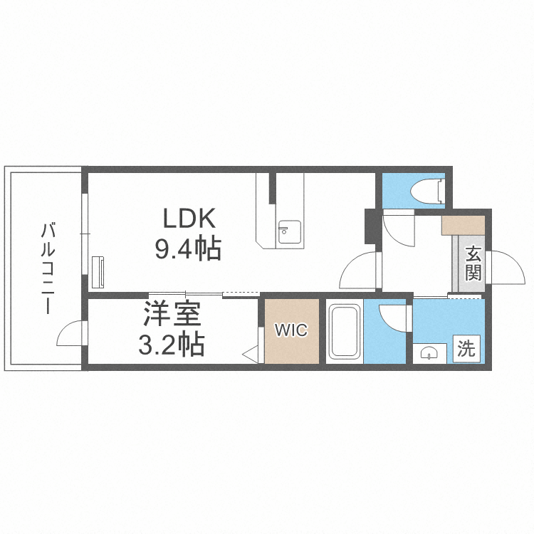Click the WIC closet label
(291, 330)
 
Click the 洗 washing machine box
(466, 349)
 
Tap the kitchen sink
(288, 231)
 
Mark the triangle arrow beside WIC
(251, 352)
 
